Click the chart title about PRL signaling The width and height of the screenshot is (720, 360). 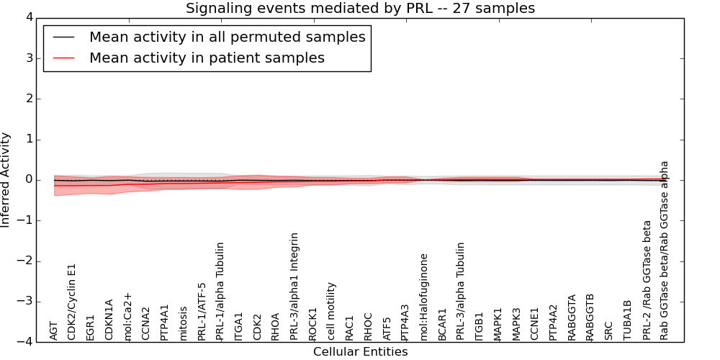click(x=360, y=9)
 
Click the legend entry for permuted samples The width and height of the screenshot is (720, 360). click(x=227, y=37)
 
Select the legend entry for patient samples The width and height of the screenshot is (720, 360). click(x=207, y=58)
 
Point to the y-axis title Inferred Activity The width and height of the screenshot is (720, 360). click(x=6, y=180)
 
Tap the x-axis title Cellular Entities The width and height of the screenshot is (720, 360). click(x=360, y=352)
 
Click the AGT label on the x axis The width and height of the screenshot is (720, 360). click(x=54, y=330)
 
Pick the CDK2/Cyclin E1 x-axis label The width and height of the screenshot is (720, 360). click(x=72, y=302)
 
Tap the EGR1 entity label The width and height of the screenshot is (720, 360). click(x=91, y=327)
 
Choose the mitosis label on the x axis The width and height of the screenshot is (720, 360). click(x=183, y=323)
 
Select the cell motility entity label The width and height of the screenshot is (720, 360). click(x=331, y=310)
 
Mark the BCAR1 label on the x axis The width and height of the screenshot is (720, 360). click(x=442, y=324)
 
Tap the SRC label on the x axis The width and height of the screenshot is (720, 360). click(x=608, y=329)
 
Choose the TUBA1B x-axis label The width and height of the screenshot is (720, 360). click(x=627, y=320)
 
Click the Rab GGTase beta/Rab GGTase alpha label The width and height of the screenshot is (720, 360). click(x=664, y=250)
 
